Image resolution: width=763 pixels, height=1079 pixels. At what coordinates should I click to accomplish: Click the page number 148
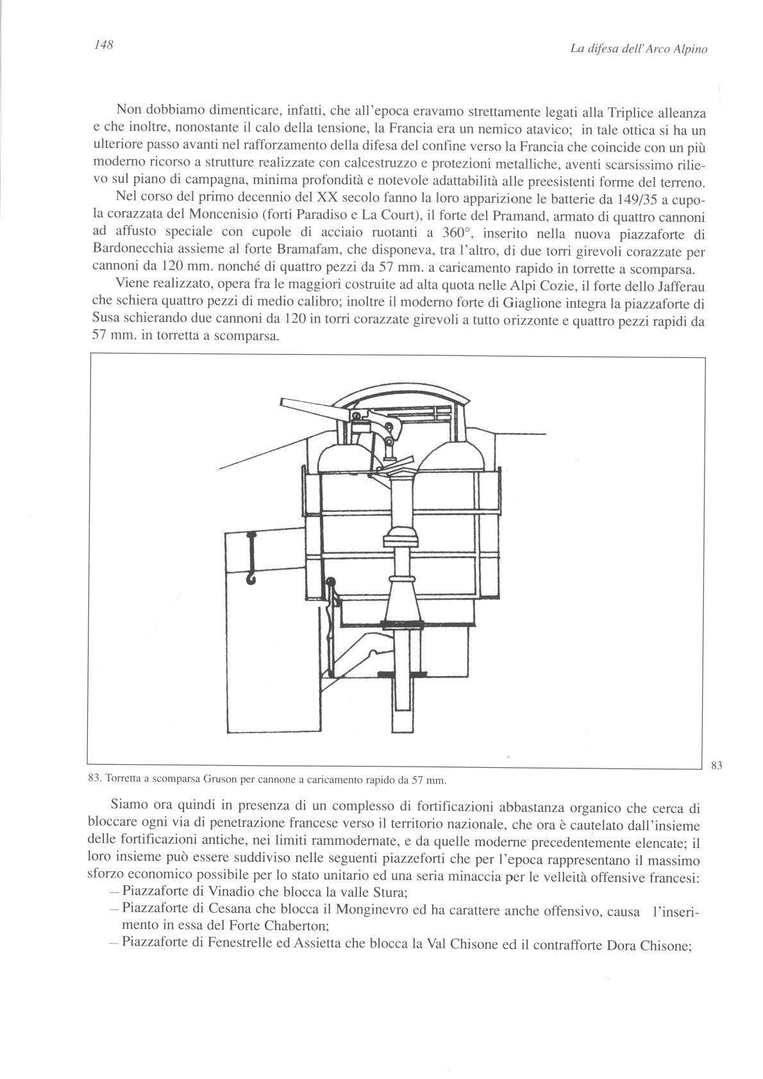tap(103, 45)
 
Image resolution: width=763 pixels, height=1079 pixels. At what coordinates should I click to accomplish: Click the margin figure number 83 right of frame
tap(717, 764)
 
